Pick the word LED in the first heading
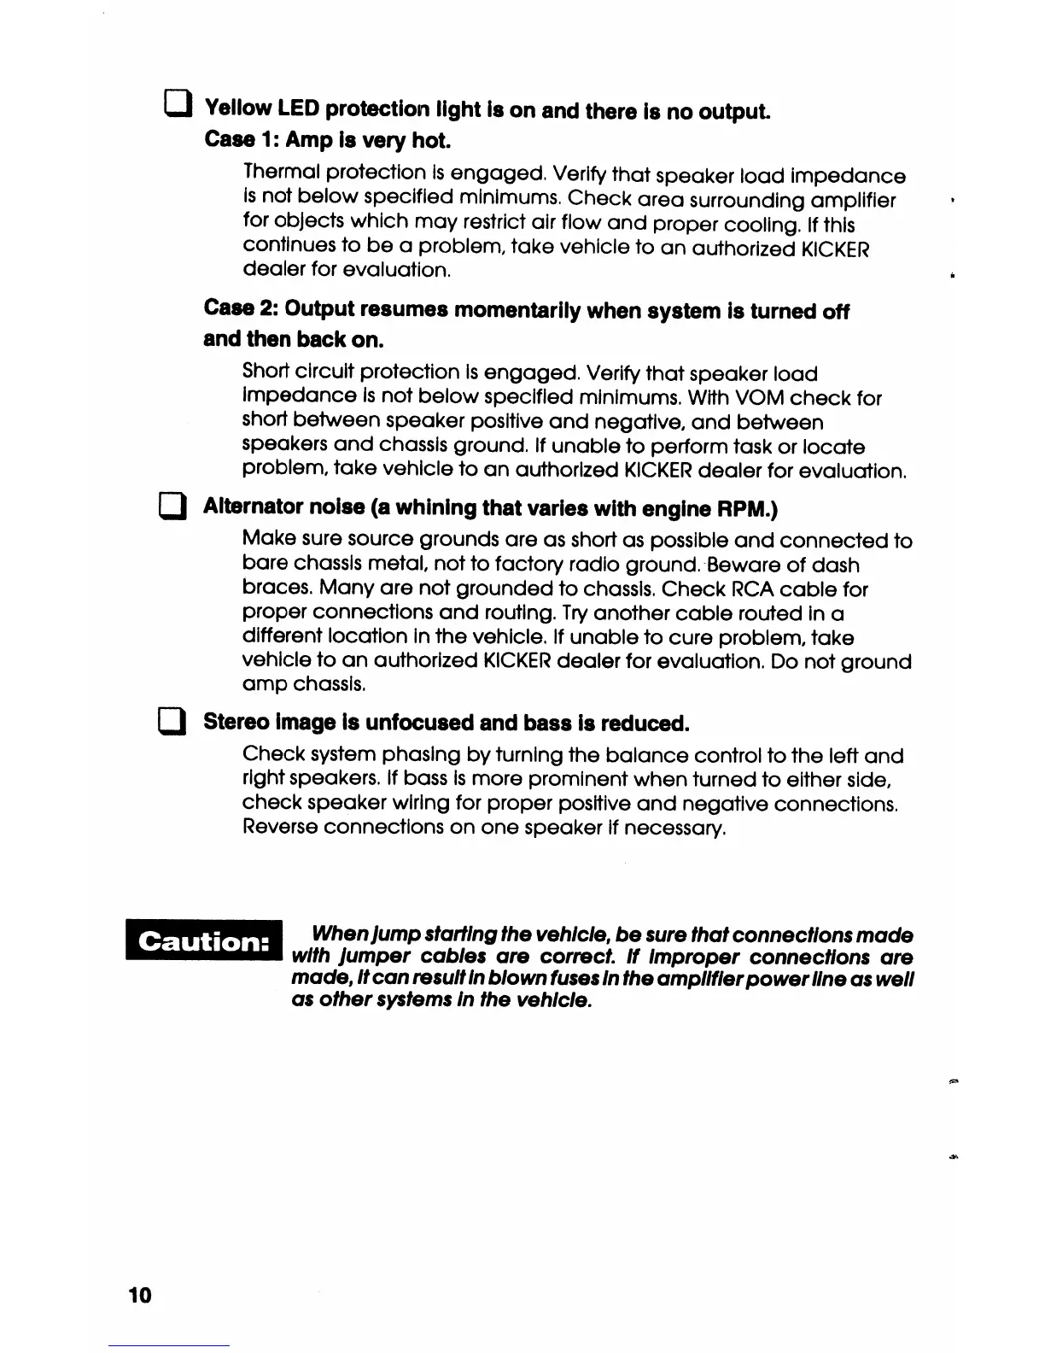click(x=298, y=108)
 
